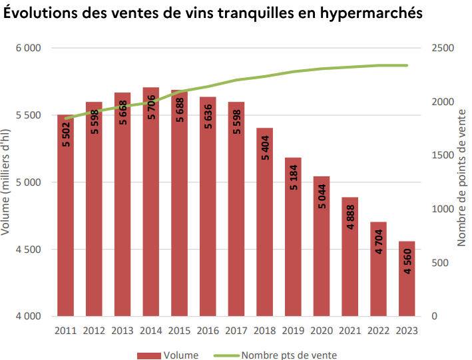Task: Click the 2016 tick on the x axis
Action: click(x=208, y=329)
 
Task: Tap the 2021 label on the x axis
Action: click(x=350, y=329)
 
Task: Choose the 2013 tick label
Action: click(x=122, y=329)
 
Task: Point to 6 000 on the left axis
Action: click(x=29, y=49)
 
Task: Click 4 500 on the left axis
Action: click(x=29, y=250)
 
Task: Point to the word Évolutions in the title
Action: click(x=42, y=13)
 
